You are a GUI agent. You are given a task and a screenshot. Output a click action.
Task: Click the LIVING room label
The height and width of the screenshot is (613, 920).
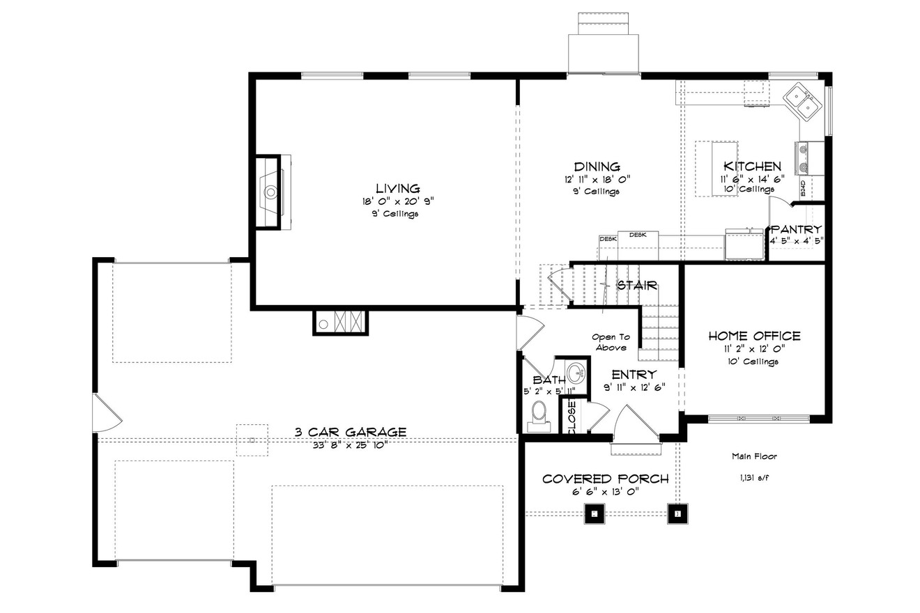pyautogui.click(x=397, y=188)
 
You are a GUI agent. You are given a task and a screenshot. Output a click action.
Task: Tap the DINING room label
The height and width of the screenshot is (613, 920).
pyautogui.click(x=597, y=166)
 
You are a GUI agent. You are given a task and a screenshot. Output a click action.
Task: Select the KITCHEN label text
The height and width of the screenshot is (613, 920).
pyautogui.click(x=752, y=166)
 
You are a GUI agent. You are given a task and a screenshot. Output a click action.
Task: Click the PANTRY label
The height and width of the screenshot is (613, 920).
pyautogui.click(x=796, y=229)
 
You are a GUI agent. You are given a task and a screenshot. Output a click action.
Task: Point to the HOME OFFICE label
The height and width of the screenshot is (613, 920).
pyautogui.click(x=754, y=336)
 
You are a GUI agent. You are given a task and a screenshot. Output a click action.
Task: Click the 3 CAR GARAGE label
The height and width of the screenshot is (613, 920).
pyautogui.click(x=350, y=432)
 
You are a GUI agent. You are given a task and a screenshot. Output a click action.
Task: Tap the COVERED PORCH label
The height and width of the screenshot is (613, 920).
pyautogui.click(x=605, y=479)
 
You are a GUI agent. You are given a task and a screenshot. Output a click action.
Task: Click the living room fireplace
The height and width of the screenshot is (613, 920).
pyautogui.click(x=270, y=191)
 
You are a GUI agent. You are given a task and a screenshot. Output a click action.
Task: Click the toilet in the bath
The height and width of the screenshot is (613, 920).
pyautogui.click(x=539, y=412)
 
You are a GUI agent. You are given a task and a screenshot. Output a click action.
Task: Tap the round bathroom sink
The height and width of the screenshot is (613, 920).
pyautogui.click(x=576, y=373)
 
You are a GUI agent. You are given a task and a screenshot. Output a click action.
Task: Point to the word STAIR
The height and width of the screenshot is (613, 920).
pyautogui.click(x=637, y=285)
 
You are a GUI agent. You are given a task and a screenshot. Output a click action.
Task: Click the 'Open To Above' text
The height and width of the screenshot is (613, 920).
pyautogui.click(x=611, y=342)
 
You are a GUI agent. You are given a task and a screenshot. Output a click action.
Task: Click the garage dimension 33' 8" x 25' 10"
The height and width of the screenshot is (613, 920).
pyautogui.click(x=350, y=444)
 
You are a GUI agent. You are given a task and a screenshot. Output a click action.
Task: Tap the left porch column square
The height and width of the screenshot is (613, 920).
pyautogui.click(x=594, y=514)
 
